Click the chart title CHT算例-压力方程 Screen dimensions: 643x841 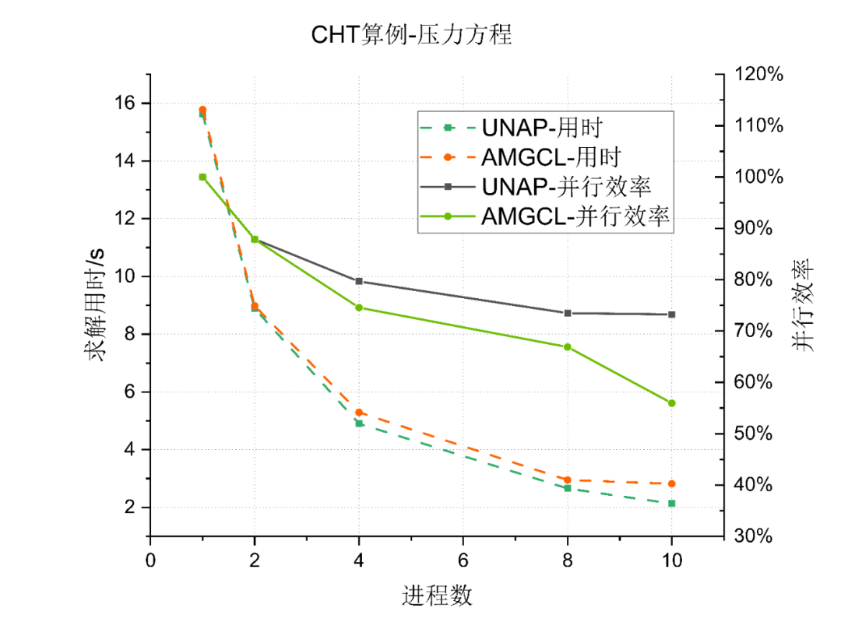pyautogui.click(x=411, y=35)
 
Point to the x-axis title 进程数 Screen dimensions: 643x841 pyautogui.click(x=437, y=596)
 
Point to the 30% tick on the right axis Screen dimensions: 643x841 pyautogui.click(x=753, y=536)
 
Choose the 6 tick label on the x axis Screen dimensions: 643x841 pyautogui.click(x=463, y=560)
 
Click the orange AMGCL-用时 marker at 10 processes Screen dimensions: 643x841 pyautogui.click(x=671, y=483)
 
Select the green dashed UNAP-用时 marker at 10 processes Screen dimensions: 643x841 pyautogui.click(x=671, y=504)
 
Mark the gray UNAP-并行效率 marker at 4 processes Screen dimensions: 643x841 pyautogui.click(x=359, y=281)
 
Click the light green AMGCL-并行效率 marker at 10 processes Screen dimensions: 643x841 pyautogui.click(x=671, y=403)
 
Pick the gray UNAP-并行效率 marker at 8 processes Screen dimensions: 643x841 pyautogui.click(x=568, y=313)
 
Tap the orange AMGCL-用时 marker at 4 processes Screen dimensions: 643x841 pyautogui.click(x=359, y=413)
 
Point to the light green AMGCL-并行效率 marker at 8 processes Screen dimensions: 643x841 pyautogui.click(x=568, y=346)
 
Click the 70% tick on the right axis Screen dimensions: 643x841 pyautogui.click(x=753, y=331)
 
